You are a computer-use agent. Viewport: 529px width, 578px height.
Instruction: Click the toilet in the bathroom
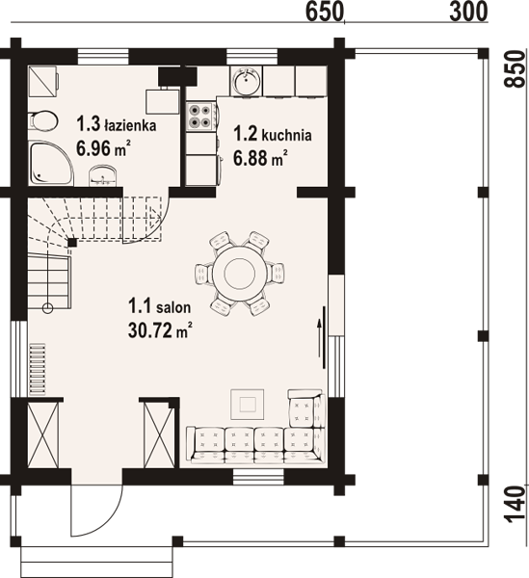point(43,120)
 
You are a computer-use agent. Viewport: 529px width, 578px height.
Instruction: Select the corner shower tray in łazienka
point(51,163)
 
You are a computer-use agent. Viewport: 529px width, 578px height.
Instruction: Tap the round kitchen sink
point(246,81)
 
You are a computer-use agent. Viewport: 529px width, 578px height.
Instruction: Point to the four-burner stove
point(200,117)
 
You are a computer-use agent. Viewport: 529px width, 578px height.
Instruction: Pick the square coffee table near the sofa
point(247,405)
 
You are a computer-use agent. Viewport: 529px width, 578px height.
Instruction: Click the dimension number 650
point(325,12)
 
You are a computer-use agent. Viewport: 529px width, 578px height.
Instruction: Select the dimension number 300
point(468,12)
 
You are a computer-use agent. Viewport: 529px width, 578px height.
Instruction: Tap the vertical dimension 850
point(515,69)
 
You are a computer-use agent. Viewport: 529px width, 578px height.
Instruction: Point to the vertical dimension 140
point(515,504)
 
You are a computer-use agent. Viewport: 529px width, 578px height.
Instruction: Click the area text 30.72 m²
point(160,329)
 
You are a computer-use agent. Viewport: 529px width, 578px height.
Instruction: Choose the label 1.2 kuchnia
point(273,134)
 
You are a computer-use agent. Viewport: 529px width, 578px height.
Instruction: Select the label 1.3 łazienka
point(117,124)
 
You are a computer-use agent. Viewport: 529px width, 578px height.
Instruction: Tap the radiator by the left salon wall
point(38,369)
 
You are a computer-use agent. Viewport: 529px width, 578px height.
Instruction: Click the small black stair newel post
point(72,243)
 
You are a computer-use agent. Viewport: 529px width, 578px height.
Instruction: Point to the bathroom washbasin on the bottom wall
point(102,176)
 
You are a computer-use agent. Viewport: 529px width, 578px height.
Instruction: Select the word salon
point(173,306)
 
